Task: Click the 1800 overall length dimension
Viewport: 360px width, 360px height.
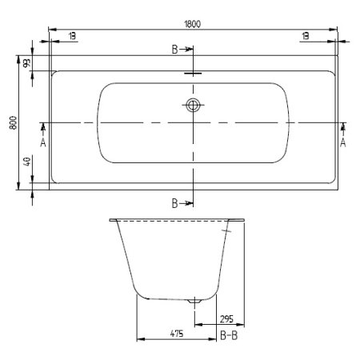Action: tap(192, 24)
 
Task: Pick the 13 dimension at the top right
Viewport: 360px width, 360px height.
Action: tap(306, 36)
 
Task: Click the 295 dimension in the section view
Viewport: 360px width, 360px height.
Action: tap(228, 317)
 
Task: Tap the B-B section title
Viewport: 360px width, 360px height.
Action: tap(230, 337)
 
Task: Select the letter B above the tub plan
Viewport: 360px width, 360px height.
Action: tap(175, 50)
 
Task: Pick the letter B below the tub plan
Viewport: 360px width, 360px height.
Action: tap(175, 203)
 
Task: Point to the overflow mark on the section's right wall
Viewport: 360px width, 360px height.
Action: tap(228, 231)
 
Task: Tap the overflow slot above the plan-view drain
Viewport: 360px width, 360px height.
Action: tap(192, 76)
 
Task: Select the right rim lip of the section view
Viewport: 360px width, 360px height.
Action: tap(238, 218)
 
